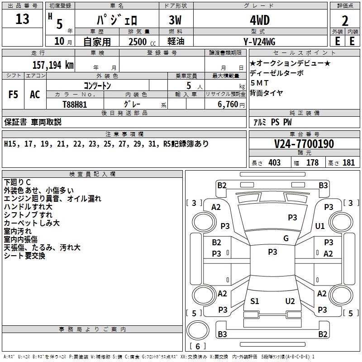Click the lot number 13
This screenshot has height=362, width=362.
click(22, 19)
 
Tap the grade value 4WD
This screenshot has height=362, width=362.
click(259, 20)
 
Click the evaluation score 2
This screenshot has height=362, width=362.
click(345, 20)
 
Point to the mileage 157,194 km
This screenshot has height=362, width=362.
click(53, 65)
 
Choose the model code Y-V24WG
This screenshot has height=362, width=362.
click(259, 41)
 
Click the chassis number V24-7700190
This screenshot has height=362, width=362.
click(304, 144)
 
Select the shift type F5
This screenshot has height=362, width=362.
click(14, 95)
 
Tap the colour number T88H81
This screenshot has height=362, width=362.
click(75, 104)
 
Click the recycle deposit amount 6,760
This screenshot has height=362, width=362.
click(229, 104)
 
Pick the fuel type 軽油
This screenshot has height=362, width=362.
click(176, 41)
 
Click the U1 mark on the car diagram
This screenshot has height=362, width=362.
click(320, 226)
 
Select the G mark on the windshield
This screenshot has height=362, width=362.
click(286, 238)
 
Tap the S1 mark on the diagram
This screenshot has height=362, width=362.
click(255, 301)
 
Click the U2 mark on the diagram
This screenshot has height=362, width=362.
click(290, 301)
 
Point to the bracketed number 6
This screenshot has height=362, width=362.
click(198, 347)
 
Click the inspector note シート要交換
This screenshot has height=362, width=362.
click(24, 256)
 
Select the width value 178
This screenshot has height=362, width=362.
click(312, 163)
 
